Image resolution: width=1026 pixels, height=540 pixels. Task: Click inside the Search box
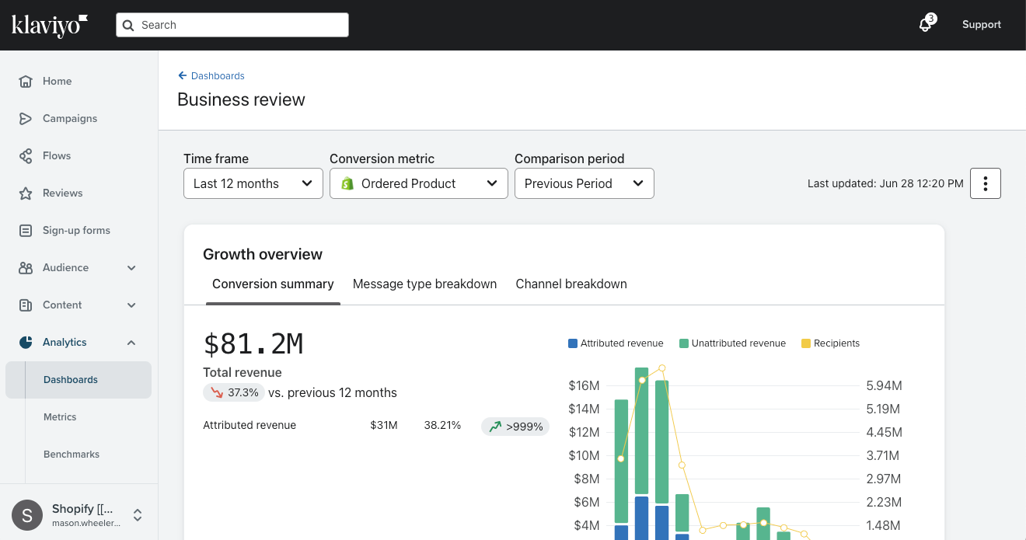[233, 25]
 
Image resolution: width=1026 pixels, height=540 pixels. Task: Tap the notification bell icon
[925, 25]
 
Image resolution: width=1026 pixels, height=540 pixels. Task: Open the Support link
[981, 25]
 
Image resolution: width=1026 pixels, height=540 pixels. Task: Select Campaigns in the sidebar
[69, 118]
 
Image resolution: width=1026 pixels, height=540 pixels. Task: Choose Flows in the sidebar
[56, 155]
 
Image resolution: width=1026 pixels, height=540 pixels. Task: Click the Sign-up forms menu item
[75, 230]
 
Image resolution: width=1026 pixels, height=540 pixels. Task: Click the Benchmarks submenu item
[72, 454]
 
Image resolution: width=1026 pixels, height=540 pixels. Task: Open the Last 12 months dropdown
[253, 183]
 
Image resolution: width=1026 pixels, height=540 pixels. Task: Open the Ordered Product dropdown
[418, 183]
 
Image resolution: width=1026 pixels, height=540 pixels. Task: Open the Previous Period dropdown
[584, 183]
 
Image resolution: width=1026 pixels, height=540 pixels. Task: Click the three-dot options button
[985, 183]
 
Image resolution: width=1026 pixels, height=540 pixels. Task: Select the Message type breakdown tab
[424, 284]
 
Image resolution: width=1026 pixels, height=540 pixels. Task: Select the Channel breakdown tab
[571, 284]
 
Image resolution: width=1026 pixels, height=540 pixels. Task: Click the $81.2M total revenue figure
[253, 343]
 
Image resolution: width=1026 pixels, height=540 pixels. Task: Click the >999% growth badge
[515, 426]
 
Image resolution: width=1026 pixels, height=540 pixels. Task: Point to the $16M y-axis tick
[584, 385]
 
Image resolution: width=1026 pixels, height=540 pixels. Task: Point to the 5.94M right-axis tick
[883, 385]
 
